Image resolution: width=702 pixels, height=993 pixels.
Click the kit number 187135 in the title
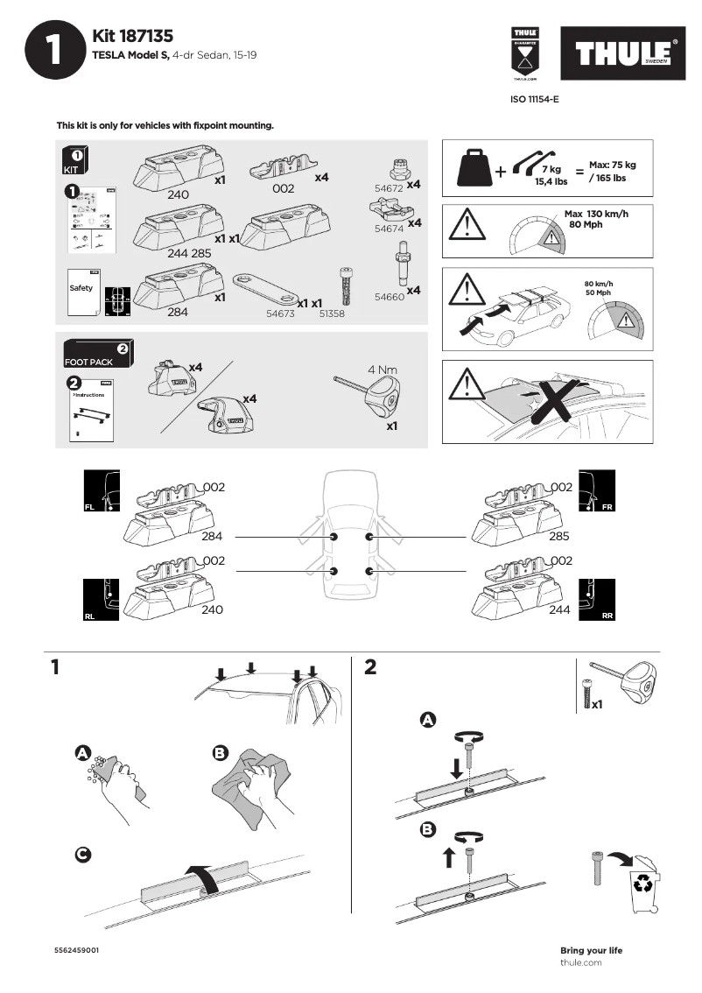(x=147, y=36)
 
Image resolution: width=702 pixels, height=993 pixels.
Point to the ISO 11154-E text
(x=534, y=100)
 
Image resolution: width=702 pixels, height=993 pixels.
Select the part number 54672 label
(x=388, y=188)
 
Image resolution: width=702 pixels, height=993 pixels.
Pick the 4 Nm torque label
(x=383, y=369)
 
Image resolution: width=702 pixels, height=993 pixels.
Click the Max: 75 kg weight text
(x=613, y=165)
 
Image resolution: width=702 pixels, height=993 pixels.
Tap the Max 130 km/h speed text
(x=596, y=214)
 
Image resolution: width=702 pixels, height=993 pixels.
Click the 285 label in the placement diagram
(x=559, y=535)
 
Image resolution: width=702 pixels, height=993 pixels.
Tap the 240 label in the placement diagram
(x=212, y=609)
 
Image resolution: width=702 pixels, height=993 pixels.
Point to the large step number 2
(x=369, y=667)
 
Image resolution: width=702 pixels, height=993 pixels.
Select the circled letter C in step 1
(x=81, y=855)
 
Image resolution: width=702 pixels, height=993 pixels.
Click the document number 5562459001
(x=76, y=950)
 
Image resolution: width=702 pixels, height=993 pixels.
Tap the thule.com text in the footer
(x=580, y=962)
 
